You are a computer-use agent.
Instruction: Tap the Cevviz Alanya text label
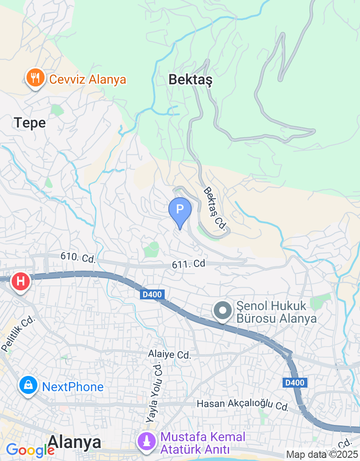coord(88,80)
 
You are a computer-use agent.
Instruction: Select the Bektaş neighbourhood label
coord(190,80)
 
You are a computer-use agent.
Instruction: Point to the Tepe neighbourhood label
coord(30,122)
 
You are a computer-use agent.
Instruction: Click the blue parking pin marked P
coord(180,211)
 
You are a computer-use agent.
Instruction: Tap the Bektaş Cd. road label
coord(214,209)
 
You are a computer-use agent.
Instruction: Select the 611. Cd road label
coord(189,264)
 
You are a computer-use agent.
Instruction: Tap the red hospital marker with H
coord(20,282)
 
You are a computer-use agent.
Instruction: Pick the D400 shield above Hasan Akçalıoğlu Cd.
coord(295,383)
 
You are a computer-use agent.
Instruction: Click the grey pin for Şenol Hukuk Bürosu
coord(222,311)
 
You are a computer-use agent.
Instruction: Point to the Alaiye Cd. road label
coord(170,354)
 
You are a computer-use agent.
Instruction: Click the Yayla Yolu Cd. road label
coord(154,393)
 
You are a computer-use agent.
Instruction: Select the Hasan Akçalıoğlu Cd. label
coord(243,405)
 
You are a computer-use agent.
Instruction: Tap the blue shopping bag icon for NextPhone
coord(28,386)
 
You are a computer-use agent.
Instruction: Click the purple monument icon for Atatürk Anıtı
coord(146,442)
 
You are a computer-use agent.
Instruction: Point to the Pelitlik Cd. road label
coord(18,334)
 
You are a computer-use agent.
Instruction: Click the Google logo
coord(30,450)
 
